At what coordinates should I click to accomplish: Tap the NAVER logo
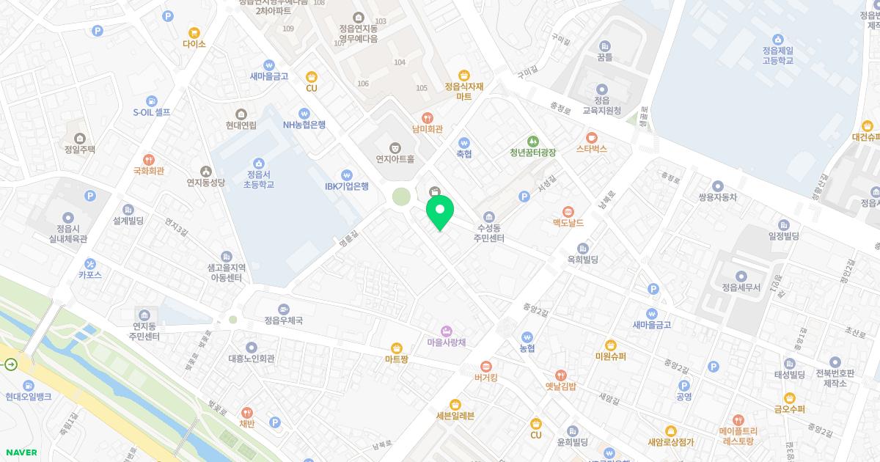21,452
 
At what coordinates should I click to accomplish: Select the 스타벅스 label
592,149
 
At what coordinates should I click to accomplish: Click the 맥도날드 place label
568,221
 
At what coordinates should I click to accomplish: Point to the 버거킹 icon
485,367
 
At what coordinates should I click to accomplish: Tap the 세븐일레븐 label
455,416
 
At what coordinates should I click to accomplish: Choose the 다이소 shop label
194,44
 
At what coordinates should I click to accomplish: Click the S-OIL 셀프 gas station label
152,112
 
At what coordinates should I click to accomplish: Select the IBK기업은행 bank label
347,186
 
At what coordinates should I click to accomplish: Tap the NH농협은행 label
304,124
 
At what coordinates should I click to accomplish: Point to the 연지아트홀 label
395,158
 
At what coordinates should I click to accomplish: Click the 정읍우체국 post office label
284,320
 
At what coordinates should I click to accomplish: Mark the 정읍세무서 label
741,287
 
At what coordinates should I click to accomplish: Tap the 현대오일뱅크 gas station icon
28,386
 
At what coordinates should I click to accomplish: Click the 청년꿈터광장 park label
533,153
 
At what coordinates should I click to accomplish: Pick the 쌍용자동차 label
717,197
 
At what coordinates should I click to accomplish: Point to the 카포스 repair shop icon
90,264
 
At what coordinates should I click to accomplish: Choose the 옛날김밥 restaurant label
561,386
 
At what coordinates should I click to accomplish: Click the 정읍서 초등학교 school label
258,179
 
